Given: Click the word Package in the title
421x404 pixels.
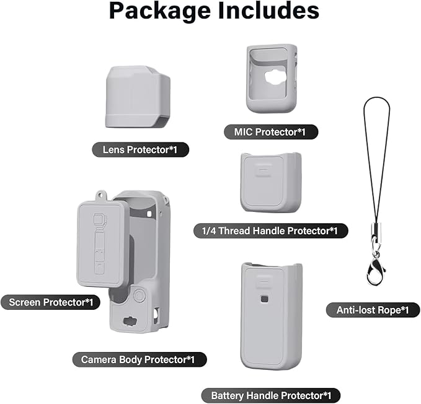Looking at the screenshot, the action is pos(160,12).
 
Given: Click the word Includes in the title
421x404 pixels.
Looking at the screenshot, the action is pos(268,11).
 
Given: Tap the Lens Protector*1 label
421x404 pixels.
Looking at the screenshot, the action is pos(140,150).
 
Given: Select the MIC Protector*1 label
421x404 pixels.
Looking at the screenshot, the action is pos(271,132).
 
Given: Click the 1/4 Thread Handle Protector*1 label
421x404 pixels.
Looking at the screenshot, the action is pos(270,231).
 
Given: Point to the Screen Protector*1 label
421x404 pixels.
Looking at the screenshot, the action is pos(50,302).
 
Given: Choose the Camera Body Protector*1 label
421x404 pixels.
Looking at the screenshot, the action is pos(140,359).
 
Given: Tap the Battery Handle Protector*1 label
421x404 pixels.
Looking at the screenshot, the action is pos(271,395).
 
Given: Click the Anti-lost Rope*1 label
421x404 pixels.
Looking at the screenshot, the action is pos(373,310).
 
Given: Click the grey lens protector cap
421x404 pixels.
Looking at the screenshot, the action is pos(138,97).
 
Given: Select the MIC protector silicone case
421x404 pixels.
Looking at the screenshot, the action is pos(272,78).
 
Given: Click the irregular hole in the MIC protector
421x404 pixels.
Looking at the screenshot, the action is pos(275,77).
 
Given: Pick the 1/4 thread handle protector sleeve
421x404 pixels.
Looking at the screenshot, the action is pos(270,182).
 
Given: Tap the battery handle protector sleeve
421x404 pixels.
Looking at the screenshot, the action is pos(272,316).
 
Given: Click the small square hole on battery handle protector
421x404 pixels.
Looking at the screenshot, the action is pos(264,299).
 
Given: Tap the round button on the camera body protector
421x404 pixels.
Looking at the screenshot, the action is pos(139,296).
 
